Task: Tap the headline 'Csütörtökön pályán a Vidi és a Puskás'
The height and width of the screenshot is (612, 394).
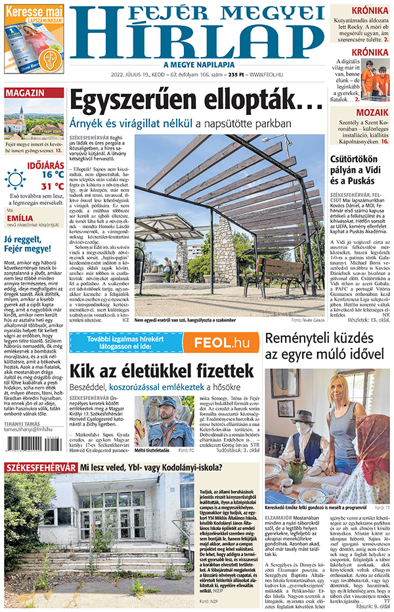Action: click(361, 170)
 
